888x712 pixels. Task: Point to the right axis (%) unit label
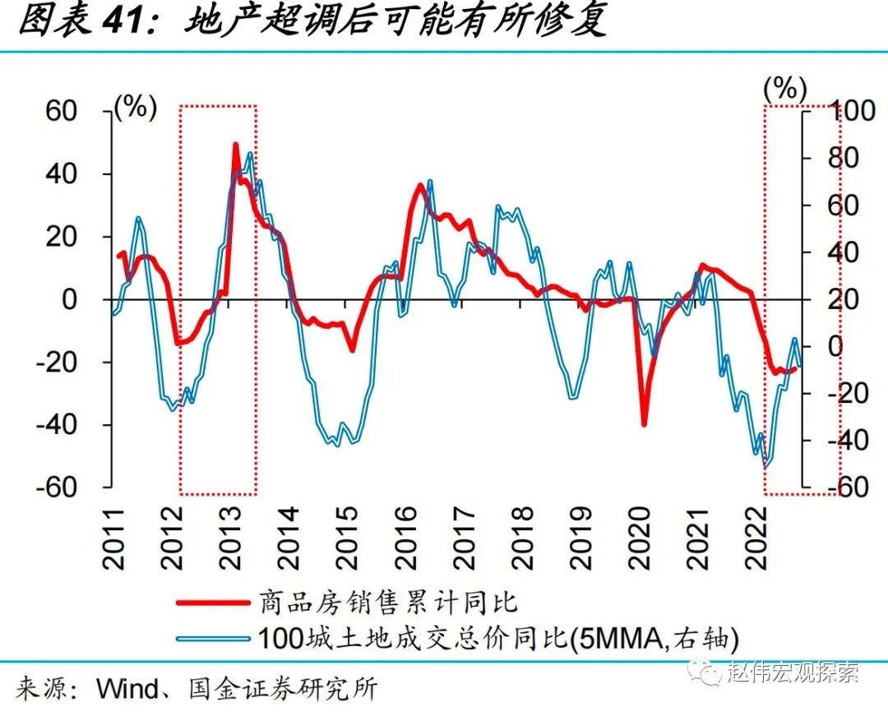pyautogui.click(x=785, y=88)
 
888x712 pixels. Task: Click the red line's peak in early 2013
pyautogui.click(x=236, y=146)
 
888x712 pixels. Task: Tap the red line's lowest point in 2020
pyautogui.click(x=644, y=423)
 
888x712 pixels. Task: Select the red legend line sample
pyautogui.click(x=212, y=603)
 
